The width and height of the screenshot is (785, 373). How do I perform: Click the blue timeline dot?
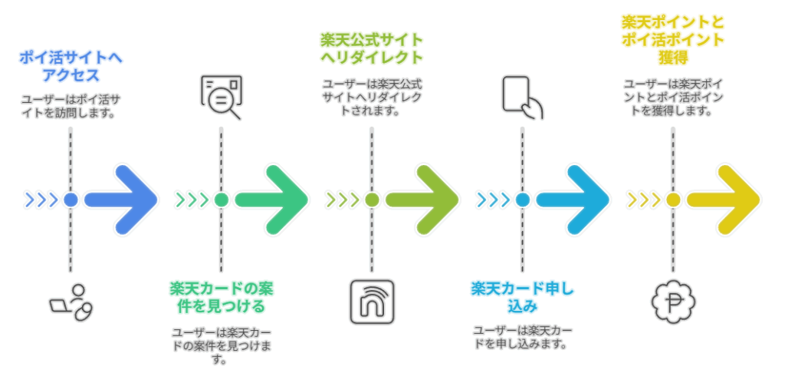click(71, 200)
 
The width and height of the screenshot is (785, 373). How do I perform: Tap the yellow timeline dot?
click(673, 200)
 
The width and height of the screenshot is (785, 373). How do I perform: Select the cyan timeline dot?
click(523, 200)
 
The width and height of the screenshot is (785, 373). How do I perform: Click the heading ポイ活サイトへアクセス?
click(71, 67)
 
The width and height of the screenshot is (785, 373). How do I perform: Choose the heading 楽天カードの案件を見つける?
click(221, 298)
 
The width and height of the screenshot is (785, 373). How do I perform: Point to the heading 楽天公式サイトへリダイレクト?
click(372, 48)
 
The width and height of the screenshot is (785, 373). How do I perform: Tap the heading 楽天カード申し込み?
click(522, 298)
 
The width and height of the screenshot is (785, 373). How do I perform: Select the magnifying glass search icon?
click(221, 97)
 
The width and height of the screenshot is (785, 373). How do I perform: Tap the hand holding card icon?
click(522, 97)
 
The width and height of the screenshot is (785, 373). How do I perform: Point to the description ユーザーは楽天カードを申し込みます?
click(522, 337)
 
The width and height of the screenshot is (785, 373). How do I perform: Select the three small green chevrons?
click(192, 200)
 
